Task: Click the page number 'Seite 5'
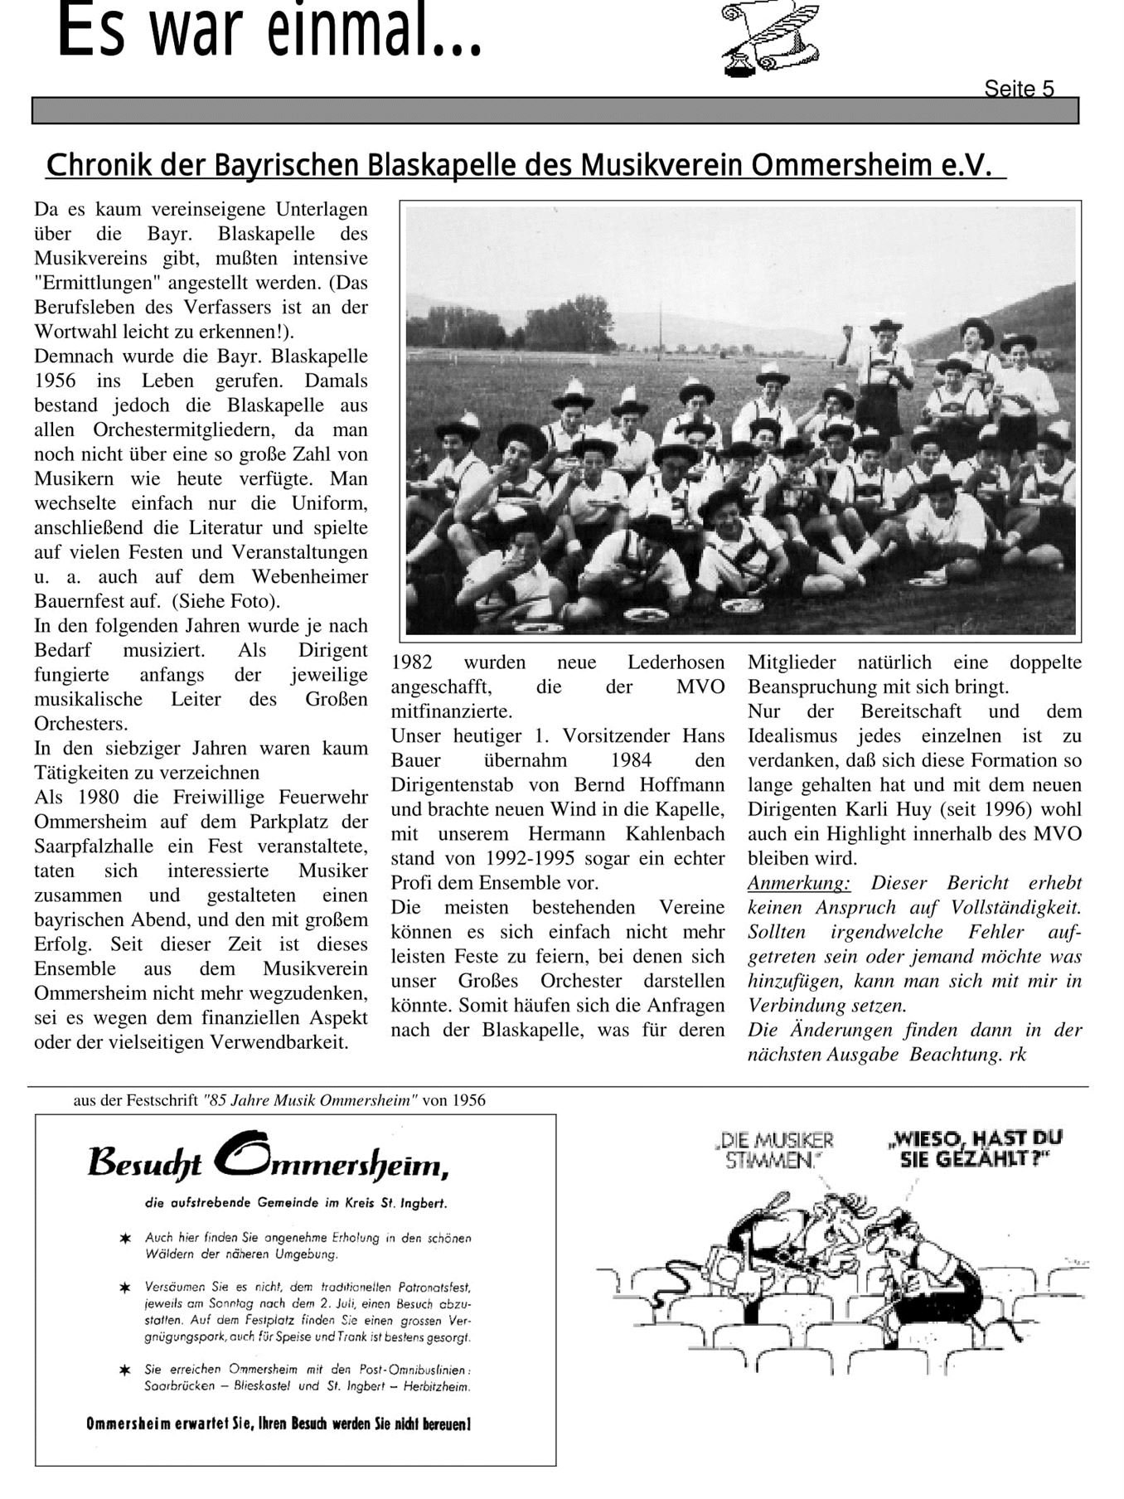(1019, 89)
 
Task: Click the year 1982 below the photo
(411, 662)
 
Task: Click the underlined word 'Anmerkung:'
(798, 883)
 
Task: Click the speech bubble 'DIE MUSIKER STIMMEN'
(773, 1150)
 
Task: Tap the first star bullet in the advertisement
(125, 1238)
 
